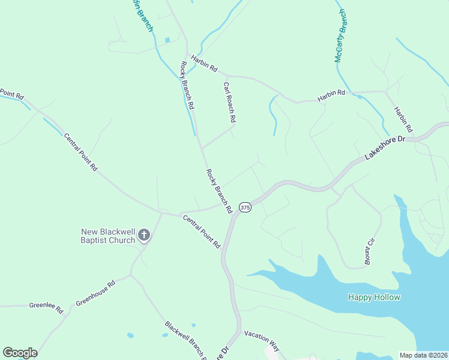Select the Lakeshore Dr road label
click(385, 148)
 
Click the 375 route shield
click(245, 207)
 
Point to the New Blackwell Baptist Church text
click(108, 236)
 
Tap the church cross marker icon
click(144, 235)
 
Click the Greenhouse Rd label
click(95, 293)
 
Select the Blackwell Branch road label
click(185, 340)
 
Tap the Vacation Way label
click(262, 340)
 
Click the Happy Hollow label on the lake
click(374, 297)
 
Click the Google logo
click(20, 353)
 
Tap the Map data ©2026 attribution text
click(423, 355)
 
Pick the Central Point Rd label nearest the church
click(201, 232)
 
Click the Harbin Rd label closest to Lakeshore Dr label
click(403, 119)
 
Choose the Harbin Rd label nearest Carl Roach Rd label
click(204, 64)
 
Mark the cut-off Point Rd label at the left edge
click(11, 94)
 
